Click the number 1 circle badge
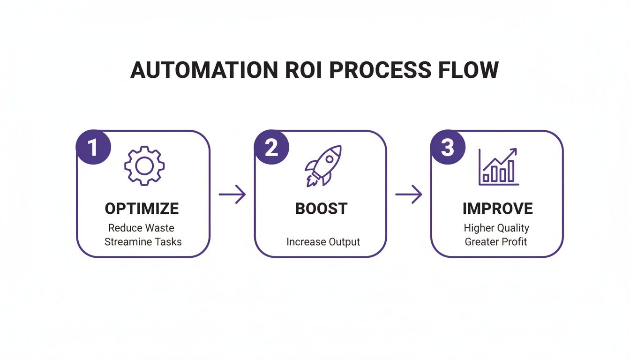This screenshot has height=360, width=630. (93, 148)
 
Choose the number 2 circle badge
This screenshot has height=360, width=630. (271, 148)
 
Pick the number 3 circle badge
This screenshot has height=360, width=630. (448, 148)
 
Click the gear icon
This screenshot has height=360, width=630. (144, 165)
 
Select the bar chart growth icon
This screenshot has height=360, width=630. (498, 166)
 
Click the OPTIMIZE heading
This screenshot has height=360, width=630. (142, 209)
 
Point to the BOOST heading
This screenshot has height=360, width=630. (321, 209)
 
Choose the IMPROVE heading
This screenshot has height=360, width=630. (497, 209)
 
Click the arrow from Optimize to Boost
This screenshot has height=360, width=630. (232, 194)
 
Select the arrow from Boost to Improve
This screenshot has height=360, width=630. (409, 194)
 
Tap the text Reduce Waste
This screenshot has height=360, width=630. (141, 228)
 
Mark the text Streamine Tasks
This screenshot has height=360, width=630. (143, 242)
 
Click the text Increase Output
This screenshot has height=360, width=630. (323, 242)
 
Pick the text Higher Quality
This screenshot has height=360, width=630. (496, 228)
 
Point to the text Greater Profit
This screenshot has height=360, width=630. (496, 242)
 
